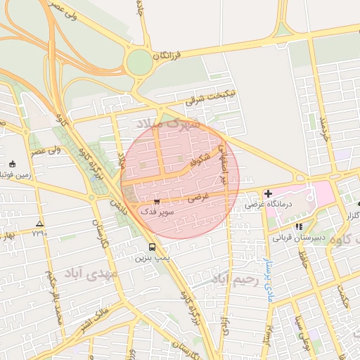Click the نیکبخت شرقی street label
(x=212, y=97)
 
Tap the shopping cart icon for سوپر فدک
(x=156, y=201)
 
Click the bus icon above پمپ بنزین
(x=153, y=247)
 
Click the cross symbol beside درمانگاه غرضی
(x=268, y=193)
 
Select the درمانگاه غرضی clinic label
(x=265, y=205)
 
